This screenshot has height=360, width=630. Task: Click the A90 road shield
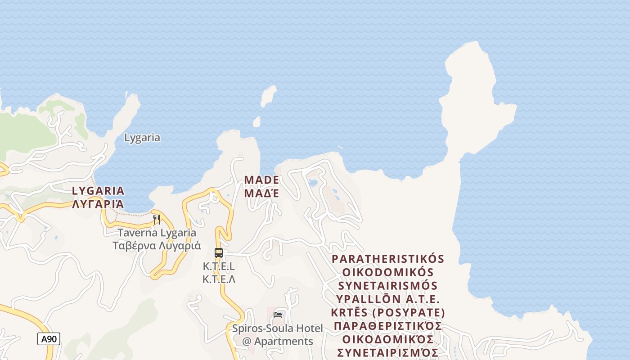(49, 339)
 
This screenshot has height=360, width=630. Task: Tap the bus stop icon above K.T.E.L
(219, 253)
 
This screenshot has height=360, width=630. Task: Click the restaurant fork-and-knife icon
(157, 220)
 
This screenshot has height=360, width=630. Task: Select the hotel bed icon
(278, 315)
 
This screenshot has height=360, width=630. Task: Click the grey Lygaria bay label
(142, 138)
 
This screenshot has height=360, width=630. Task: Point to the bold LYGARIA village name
(98, 191)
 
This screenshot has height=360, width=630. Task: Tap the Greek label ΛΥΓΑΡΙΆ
(98, 204)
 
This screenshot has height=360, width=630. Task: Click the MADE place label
(261, 180)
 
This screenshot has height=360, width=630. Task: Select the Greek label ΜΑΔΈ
(261, 193)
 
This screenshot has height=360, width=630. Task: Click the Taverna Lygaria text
(157, 233)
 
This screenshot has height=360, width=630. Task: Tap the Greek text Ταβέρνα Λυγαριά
(157, 246)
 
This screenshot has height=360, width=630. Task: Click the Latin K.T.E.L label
(219, 266)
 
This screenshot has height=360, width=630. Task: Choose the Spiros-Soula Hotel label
(277, 328)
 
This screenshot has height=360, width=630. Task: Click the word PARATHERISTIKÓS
(388, 259)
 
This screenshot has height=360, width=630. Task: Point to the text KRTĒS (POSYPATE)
(388, 312)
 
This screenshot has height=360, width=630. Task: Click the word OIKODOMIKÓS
(388, 272)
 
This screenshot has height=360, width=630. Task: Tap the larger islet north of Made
(269, 96)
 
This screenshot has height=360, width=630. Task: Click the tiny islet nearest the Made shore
(256, 122)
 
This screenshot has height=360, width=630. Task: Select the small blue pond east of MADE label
(312, 183)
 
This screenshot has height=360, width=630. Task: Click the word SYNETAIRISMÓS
(388, 286)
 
